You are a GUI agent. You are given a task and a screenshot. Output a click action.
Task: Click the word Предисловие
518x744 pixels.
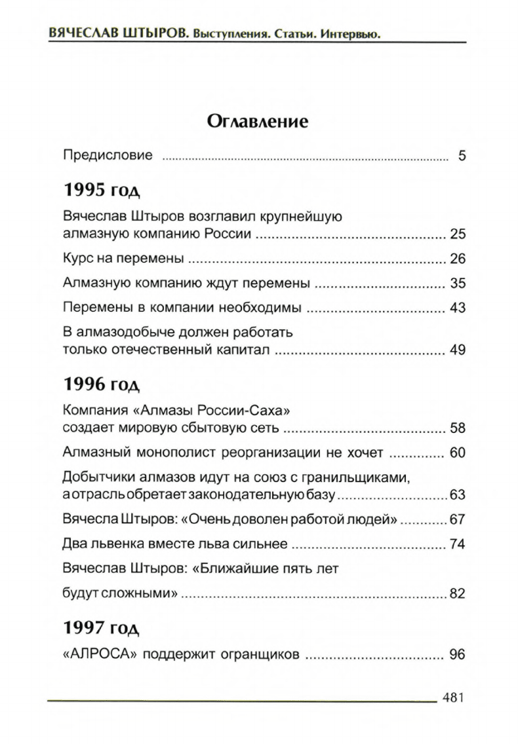[x=108, y=155]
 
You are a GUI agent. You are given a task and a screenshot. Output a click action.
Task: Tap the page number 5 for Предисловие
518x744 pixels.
[x=462, y=156]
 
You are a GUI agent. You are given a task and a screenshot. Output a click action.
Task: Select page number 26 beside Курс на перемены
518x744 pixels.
[x=457, y=259]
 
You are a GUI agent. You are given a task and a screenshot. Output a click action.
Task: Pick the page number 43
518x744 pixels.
[x=457, y=308]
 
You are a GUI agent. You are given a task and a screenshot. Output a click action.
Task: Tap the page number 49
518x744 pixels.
[x=457, y=350]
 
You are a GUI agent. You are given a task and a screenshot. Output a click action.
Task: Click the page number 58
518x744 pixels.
[x=457, y=428]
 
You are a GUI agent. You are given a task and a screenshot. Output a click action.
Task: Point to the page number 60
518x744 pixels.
[x=457, y=453]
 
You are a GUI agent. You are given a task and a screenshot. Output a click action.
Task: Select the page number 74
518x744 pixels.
[x=457, y=544]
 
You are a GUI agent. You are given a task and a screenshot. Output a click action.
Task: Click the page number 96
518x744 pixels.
[x=457, y=654]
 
